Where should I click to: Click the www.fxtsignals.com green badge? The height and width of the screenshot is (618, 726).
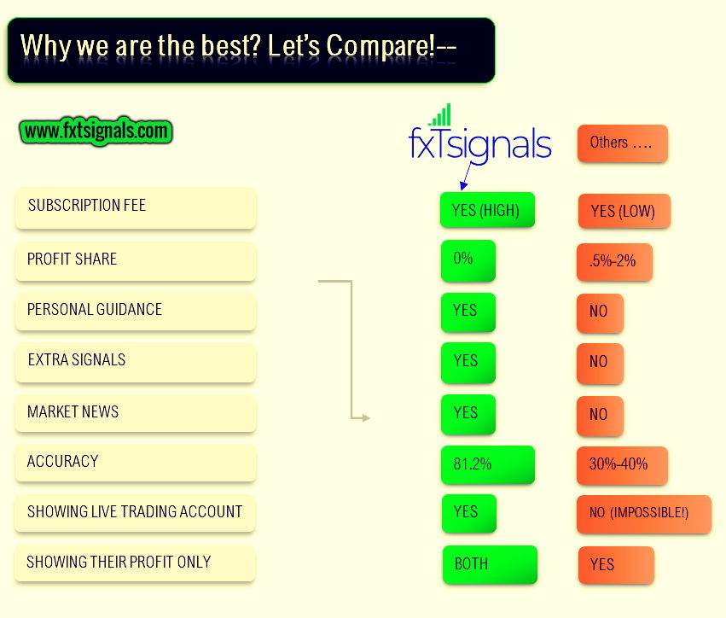tap(96, 131)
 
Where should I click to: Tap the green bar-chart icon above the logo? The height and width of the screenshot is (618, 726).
tap(440, 115)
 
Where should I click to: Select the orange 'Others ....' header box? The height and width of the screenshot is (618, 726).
tap(622, 143)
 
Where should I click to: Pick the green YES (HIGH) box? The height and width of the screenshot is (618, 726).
tap(487, 210)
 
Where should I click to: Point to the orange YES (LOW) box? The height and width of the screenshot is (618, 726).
tap(624, 211)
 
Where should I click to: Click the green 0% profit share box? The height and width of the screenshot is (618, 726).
tap(468, 260)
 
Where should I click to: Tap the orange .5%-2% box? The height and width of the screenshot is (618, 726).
tap(614, 262)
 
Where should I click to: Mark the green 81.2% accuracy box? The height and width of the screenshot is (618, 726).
tap(487, 464)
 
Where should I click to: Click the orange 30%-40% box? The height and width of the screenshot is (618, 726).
tap(622, 465)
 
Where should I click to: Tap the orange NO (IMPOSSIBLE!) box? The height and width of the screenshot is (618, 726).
tap(643, 514)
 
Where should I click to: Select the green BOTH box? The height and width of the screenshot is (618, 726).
tap(490, 564)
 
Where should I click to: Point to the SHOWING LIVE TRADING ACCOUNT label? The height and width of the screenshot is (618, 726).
tap(135, 511)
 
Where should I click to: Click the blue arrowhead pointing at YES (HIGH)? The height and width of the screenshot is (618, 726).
tap(463, 186)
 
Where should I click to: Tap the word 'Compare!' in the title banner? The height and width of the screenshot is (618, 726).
tap(381, 46)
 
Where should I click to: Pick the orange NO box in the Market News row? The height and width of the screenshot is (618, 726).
tap(600, 416)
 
